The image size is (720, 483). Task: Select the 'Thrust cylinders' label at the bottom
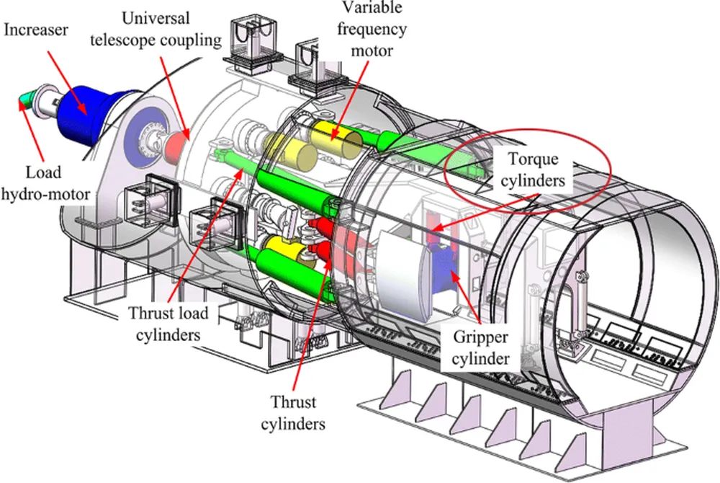click(298, 411)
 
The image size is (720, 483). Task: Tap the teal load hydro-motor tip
click(27, 99)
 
